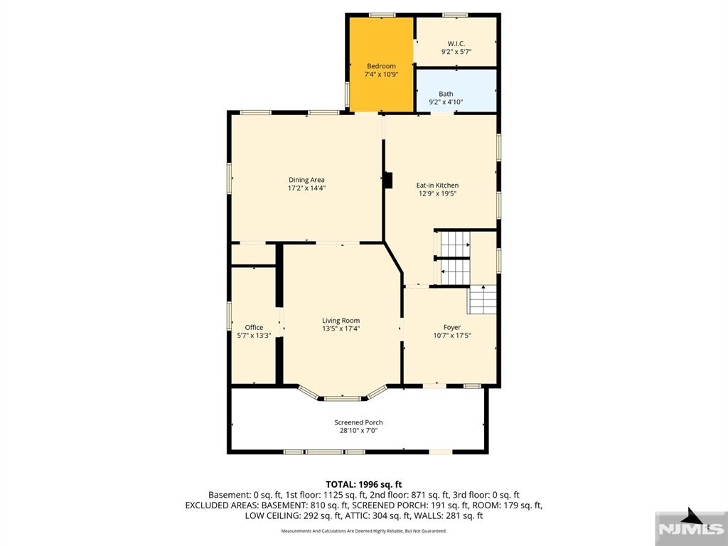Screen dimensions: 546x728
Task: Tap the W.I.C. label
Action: (456, 43)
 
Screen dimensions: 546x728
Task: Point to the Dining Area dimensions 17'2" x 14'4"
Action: (306, 189)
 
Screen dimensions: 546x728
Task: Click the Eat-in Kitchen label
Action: (437, 186)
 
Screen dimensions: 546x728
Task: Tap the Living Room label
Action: (341, 321)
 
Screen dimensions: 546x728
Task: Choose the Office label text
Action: (254, 328)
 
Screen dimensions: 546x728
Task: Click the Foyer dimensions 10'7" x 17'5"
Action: (452, 336)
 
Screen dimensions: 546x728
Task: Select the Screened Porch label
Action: (358, 422)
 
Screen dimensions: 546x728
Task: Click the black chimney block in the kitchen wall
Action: (387, 181)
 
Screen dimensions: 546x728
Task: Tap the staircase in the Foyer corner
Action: (481, 299)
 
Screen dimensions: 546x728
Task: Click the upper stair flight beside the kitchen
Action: (454, 245)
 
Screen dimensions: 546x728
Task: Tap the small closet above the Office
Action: (253, 255)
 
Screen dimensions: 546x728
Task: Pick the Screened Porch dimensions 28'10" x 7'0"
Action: (358, 431)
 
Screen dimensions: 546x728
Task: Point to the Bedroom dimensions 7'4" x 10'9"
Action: (381, 74)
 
